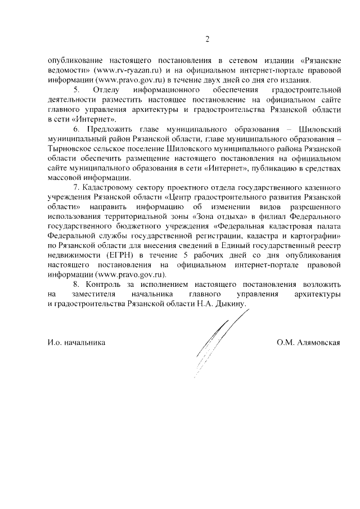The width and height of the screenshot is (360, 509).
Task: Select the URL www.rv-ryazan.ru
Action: (x=123, y=70)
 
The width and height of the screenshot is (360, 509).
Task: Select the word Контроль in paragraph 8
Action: (x=101, y=284)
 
